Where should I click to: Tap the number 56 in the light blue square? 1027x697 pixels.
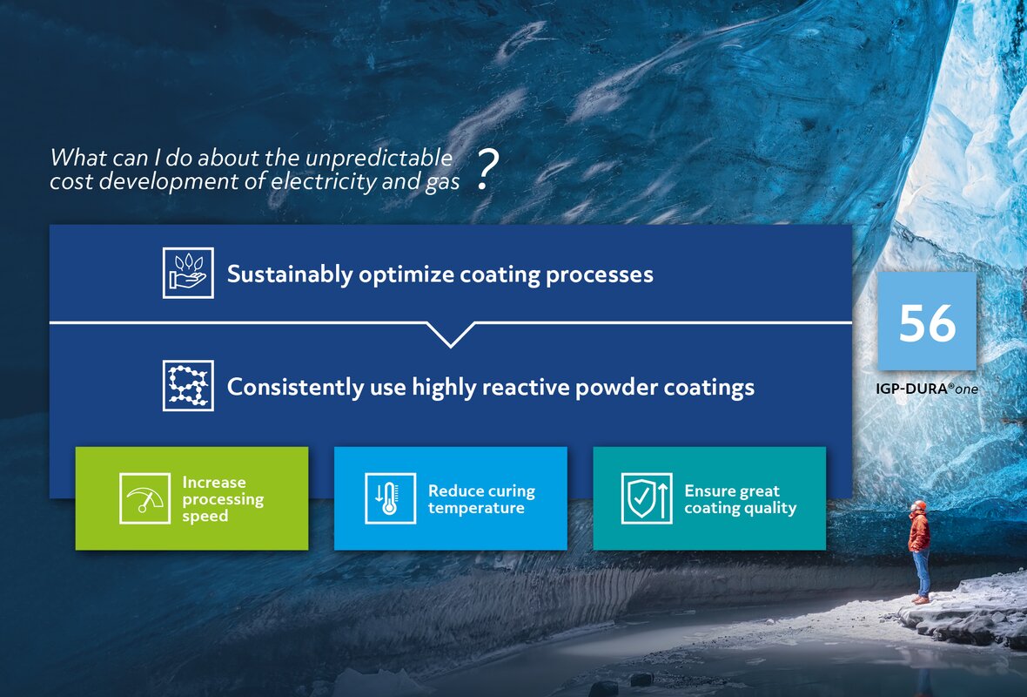[x=927, y=322]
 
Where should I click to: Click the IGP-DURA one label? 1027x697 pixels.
[x=926, y=389]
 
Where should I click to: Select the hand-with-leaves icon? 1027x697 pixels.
[x=188, y=273]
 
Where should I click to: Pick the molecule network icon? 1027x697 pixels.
[x=188, y=385]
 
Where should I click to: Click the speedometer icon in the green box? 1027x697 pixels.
[x=144, y=498]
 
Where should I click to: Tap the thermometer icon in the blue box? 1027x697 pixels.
[x=390, y=498]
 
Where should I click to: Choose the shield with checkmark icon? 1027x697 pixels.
[x=647, y=498]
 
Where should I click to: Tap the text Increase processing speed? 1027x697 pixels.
[x=223, y=498]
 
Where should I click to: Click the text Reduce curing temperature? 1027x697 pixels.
[x=481, y=499]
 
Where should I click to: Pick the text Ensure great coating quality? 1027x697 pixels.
[x=740, y=499]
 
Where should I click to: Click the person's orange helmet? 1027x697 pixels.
[x=919, y=505]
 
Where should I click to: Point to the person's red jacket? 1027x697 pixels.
[x=919, y=531]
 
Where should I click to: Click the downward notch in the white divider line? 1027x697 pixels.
[x=451, y=335]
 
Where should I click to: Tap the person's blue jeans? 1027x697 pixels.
[x=922, y=572]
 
